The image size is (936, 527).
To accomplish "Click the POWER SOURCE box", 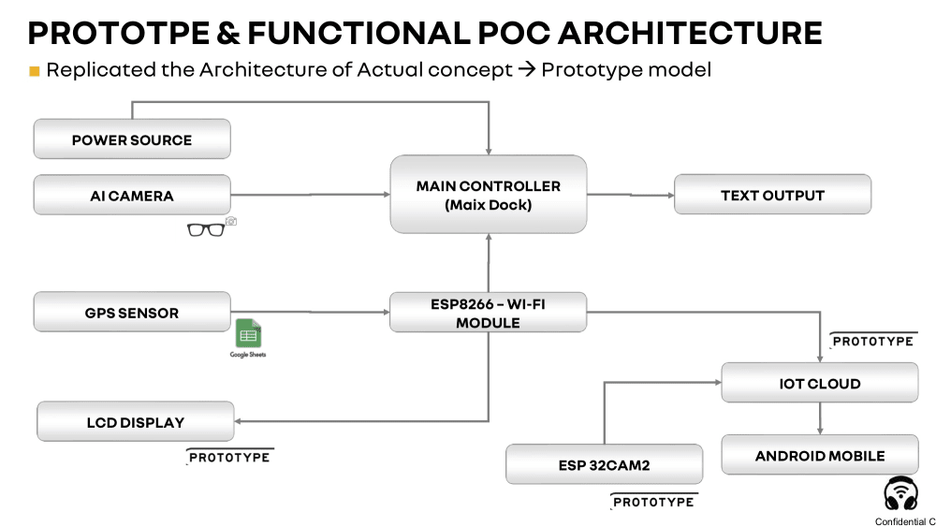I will pyautogui.click(x=132, y=139).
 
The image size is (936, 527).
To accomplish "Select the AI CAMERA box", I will pyautogui.click(x=132, y=196).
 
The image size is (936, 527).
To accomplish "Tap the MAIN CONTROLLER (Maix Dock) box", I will pyautogui.click(x=488, y=195).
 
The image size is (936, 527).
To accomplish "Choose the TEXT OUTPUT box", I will pyautogui.click(x=772, y=195).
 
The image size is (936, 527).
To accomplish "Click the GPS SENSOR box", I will pyautogui.click(x=132, y=312).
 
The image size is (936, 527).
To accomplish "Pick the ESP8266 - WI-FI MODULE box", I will pyautogui.click(x=488, y=312).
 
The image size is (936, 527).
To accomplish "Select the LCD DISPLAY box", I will pyautogui.click(x=136, y=421).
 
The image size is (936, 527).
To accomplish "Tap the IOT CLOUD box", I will pyautogui.click(x=820, y=383).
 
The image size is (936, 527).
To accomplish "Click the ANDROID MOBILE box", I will pyautogui.click(x=820, y=455).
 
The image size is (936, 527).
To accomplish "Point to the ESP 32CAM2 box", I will pyautogui.click(x=604, y=464).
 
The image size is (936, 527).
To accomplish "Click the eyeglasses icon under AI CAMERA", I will pyautogui.click(x=206, y=227).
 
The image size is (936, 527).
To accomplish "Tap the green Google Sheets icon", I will pyautogui.click(x=248, y=334).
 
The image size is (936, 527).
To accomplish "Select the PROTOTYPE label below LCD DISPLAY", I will pyautogui.click(x=229, y=457).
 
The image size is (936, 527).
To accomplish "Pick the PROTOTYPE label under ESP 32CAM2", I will pyautogui.click(x=652, y=502).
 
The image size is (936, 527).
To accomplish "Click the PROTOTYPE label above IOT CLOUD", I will pyautogui.click(x=872, y=341).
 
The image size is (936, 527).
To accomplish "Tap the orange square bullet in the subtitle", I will pyautogui.click(x=35, y=71).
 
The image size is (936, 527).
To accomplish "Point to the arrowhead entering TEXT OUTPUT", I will pyautogui.click(x=669, y=195).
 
